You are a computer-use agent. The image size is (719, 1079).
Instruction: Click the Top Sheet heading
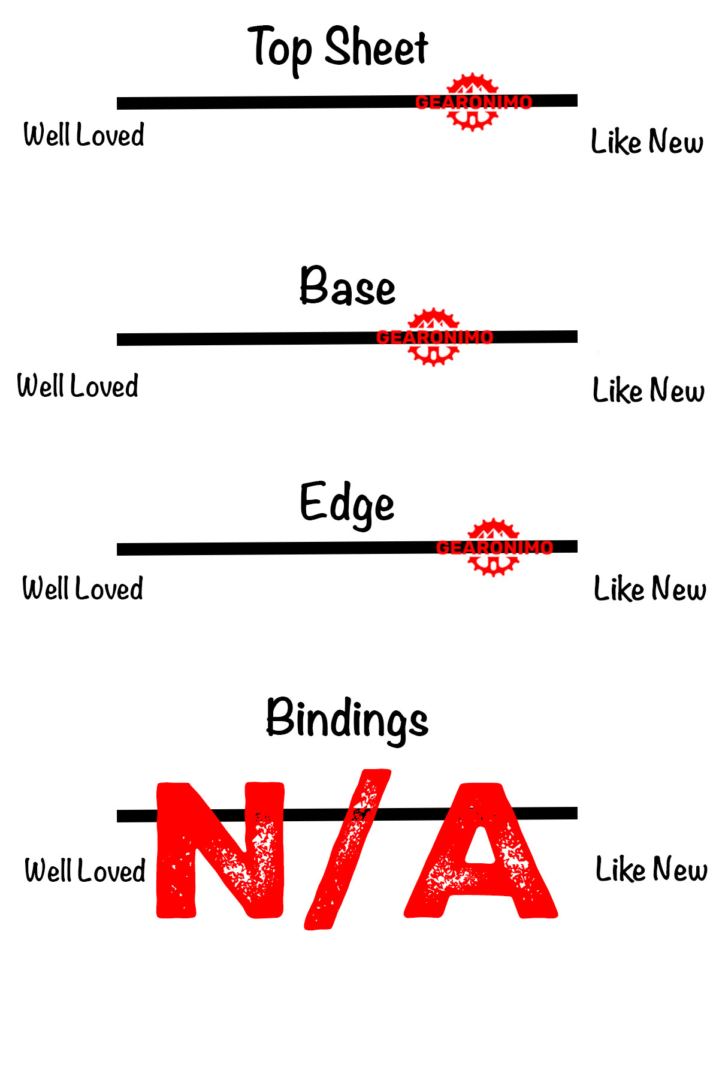[x=338, y=48]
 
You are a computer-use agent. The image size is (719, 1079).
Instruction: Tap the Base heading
[x=348, y=287]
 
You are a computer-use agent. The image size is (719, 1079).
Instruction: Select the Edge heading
[x=347, y=504]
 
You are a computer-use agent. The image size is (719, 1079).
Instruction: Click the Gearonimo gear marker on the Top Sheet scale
[x=473, y=103]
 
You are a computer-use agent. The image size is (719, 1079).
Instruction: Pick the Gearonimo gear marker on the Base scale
[x=434, y=337]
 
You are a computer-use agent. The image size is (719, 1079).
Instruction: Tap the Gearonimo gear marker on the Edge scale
[x=493, y=547]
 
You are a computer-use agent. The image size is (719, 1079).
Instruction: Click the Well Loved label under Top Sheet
[x=84, y=134]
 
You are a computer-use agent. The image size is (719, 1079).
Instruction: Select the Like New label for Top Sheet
[x=647, y=141]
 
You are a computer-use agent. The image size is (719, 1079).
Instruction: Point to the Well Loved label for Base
[x=78, y=385]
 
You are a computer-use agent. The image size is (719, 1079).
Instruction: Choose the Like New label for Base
[x=648, y=390]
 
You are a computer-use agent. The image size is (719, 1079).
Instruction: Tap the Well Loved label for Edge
[x=83, y=588]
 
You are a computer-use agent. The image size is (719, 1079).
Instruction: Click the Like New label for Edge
[x=649, y=589]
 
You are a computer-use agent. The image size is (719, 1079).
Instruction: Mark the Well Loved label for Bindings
[x=85, y=870]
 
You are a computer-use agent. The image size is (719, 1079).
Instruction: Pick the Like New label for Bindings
[x=651, y=869]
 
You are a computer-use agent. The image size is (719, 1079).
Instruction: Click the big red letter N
[x=220, y=850]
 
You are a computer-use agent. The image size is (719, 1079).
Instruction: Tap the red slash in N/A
[x=348, y=850]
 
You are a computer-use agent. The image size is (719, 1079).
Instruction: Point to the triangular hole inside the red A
[x=481, y=845]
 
